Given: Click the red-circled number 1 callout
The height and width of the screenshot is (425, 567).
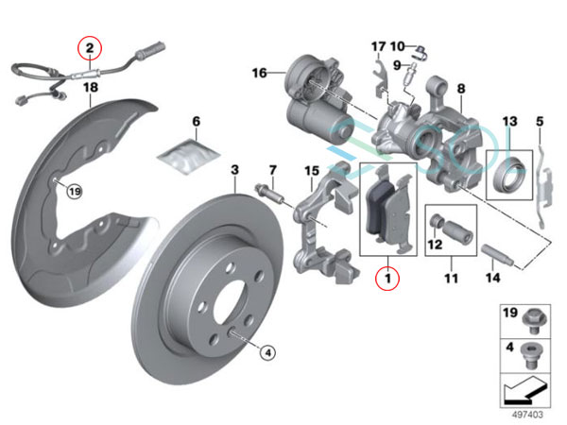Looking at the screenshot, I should (x=386, y=279).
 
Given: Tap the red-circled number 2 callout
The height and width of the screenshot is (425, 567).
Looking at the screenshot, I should (x=90, y=46).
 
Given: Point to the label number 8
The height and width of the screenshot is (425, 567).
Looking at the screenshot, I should (x=461, y=90).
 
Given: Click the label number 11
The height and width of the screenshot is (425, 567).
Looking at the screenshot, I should (x=450, y=279).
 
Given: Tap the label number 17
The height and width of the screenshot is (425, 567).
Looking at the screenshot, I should (x=378, y=46).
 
